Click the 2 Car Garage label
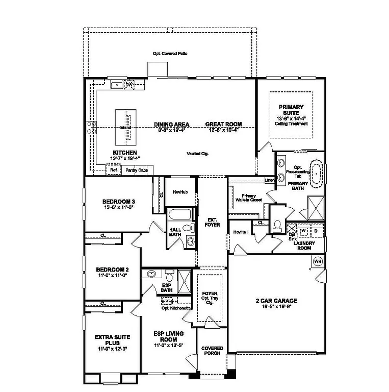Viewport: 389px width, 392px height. (x=276, y=301)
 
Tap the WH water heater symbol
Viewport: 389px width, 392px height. (x=318, y=261)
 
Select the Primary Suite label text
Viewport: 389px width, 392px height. (x=291, y=110)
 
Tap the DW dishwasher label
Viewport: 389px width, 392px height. (x=129, y=84)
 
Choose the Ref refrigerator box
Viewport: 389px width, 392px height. (x=113, y=170)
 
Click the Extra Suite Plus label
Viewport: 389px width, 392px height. (x=112, y=340)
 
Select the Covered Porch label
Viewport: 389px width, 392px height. (x=212, y=351)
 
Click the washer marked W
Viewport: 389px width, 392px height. (x=304, y=230)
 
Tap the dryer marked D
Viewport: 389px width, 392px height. (x=316, y=230)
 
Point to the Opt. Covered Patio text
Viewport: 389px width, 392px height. (x=170, y=54)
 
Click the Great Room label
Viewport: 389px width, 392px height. (x=223, y=124)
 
